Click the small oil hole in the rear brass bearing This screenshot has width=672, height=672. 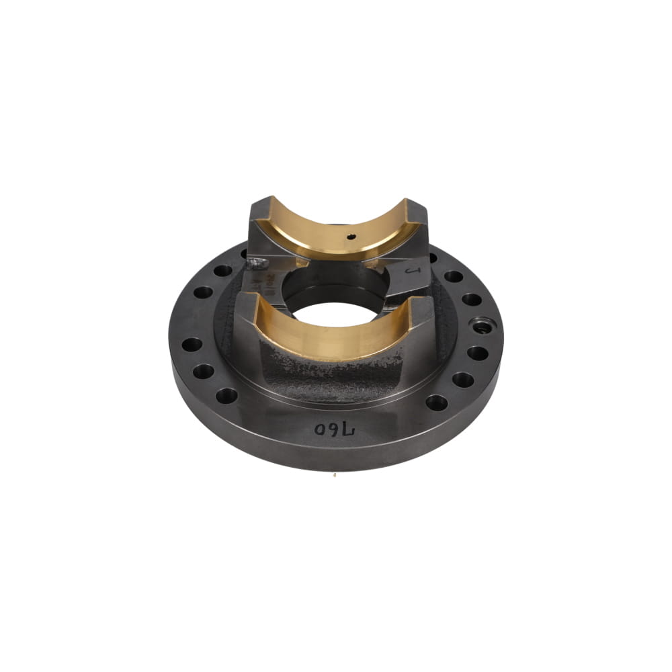(x=351, y=237)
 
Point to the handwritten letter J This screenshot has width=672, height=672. (x=412, y=272)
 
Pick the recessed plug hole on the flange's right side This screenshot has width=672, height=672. (x=480, y=326)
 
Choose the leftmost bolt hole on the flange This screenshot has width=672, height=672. (x=192, y=345)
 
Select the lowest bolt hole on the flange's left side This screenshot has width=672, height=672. (x=226, y=395)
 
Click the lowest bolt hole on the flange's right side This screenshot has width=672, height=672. (x=436, y=403)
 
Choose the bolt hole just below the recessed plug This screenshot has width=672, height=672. (x=477, y=353)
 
